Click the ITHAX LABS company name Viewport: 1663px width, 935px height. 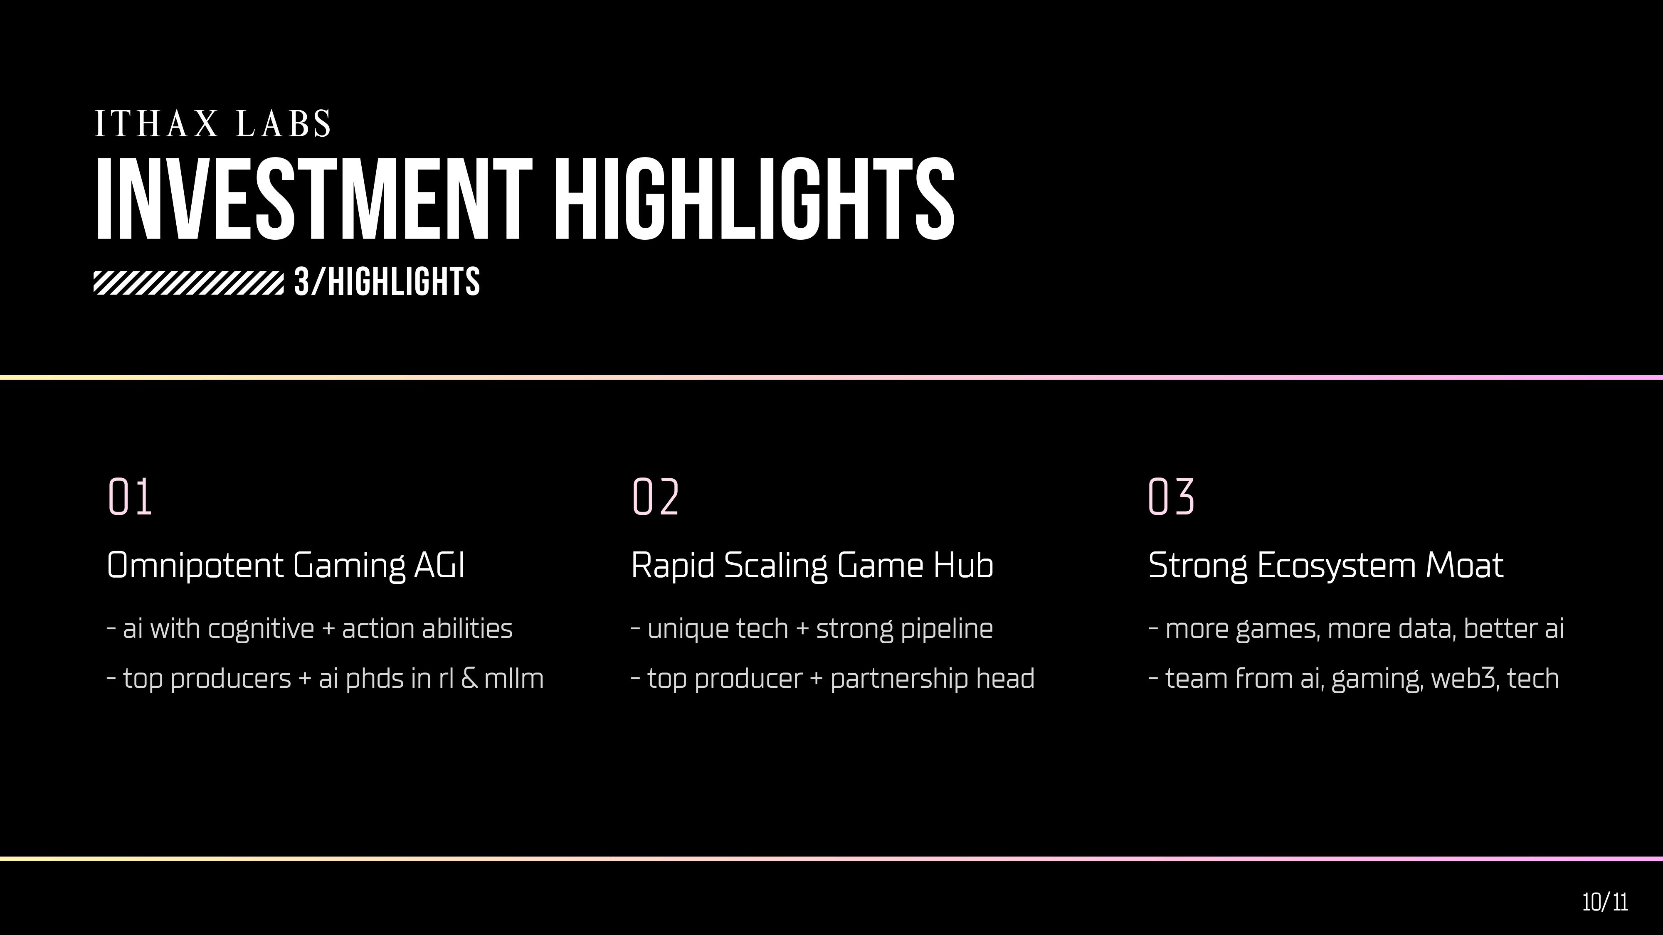213,123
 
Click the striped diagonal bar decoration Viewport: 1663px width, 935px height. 188,283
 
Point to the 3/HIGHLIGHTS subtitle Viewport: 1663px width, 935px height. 387,282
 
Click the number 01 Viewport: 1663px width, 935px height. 130,497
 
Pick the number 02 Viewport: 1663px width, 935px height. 655,497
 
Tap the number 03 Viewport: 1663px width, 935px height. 1172,497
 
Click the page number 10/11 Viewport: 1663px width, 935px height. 1605,902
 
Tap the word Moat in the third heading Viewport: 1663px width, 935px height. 1464,565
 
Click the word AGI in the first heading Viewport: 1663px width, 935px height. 439,565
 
